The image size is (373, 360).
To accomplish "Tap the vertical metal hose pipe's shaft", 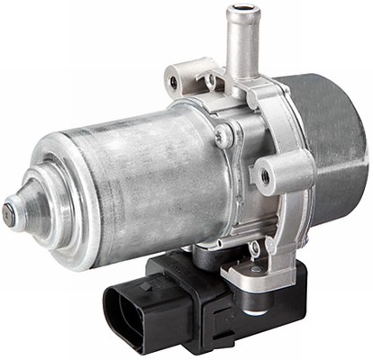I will pos(241,45).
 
